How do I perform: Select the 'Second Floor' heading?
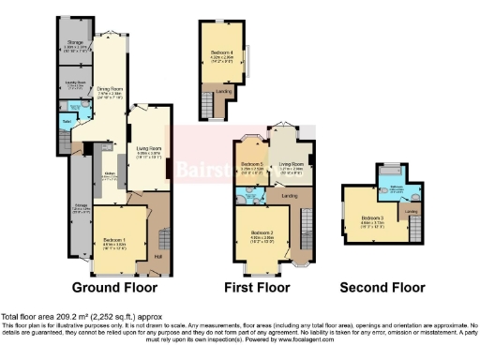382,287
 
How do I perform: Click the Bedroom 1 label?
114,240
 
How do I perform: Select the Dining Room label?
112,90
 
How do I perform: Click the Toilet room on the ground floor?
67,120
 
